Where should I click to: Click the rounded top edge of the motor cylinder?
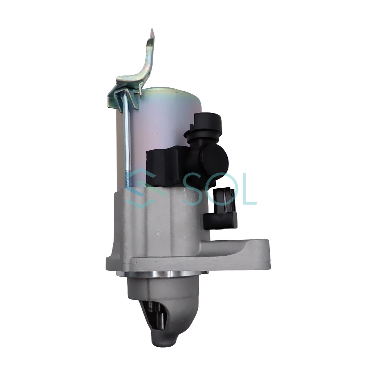coord(172,92)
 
